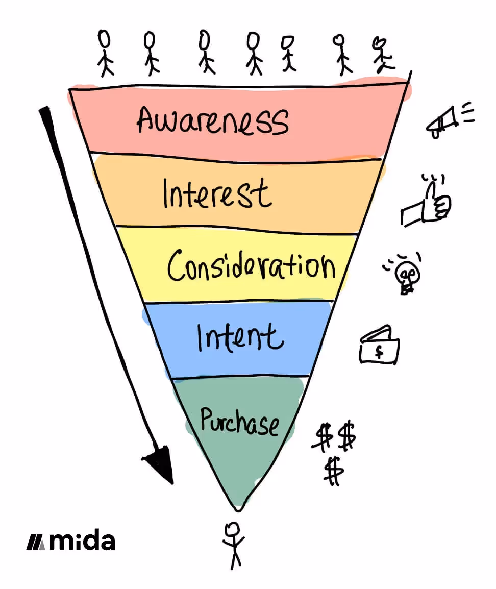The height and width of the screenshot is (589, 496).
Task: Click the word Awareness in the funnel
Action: [x=212, y=120]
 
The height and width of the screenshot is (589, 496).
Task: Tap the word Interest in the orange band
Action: [x=216, y=194]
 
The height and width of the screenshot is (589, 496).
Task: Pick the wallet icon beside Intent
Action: [x=380, y=347]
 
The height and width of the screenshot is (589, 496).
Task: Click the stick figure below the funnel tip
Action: [x=234, y=544]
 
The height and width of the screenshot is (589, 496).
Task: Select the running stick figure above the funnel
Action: [x=383, y=55]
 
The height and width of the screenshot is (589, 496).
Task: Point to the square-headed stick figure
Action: [x=288, y=53]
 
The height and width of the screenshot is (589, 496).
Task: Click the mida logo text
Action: [x=82, y=541]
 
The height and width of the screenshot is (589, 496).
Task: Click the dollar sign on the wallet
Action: [x=379, y=352]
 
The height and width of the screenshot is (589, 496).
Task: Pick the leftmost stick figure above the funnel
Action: [x=105, y=53]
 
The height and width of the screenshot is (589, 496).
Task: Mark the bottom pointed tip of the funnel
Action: [x=237, y=509]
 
